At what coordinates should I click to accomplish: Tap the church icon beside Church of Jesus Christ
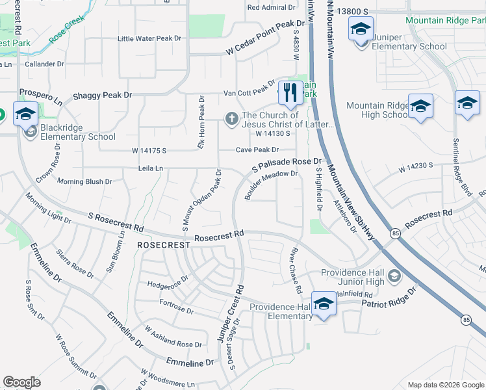pyautogui.click(x=231, y=119)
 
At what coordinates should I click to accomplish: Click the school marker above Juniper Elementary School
pyautogui.click(x=361, y=29)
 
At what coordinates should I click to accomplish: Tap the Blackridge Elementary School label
pyautogui.click(x=78, y=136)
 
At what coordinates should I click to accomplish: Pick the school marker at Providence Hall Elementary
pyautogui.click(x=324, y=303)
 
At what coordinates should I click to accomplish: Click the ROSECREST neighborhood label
pyautogui.click(x=164, y=245)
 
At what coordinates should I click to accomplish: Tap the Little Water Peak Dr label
pyautogui.click(x=149, y=38)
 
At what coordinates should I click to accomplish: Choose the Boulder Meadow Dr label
pyautogui.click(x=271, y=184)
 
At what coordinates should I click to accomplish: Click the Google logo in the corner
pyautogui.click(x=22, y=382)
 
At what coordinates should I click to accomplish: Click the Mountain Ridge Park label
pyautogui.click(x=444, y=20)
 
